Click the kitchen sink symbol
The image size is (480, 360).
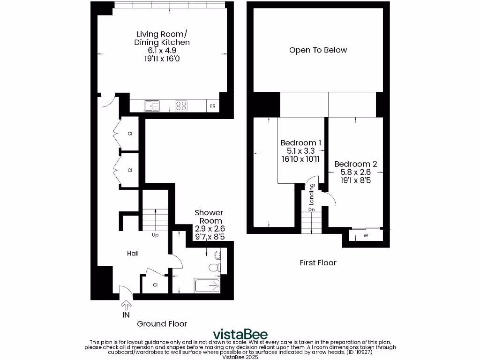(152, 106)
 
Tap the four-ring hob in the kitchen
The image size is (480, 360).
(181, 106)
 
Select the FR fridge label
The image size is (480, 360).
(212, 106)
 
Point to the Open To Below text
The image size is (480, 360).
(318, 50)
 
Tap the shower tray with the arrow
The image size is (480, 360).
(207, 285)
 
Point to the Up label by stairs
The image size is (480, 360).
(155, 235)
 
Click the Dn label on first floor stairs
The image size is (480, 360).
(311, 210)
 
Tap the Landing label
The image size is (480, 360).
(311, 194)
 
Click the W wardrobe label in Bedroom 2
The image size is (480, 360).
(366, 236)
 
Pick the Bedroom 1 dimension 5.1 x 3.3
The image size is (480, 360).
(300, 151)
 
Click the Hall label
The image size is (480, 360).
(133, 254)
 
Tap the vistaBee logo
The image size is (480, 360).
(240, 334)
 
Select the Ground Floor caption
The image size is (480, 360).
(162, 324)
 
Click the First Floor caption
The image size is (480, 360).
(318, 262)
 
